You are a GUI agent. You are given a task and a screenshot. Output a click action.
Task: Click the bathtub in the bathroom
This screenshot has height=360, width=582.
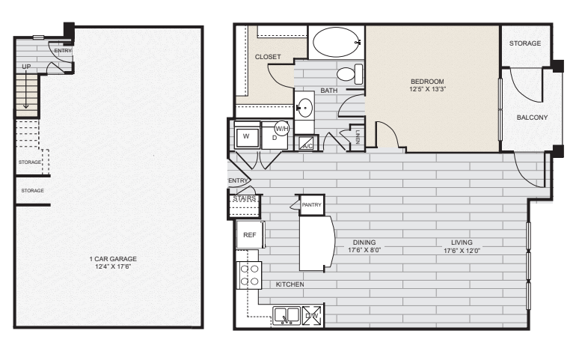(336, 43)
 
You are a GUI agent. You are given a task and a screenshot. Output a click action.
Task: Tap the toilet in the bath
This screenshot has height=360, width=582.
(348, 73)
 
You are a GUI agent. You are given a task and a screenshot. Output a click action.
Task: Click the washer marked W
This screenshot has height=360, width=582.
(246, 137)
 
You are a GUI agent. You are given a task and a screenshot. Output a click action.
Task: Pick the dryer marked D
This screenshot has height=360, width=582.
(274, 138)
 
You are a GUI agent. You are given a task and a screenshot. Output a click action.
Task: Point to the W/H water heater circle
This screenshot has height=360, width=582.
(282, 127)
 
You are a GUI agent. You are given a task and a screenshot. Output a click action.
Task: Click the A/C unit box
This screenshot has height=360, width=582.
(306, 144)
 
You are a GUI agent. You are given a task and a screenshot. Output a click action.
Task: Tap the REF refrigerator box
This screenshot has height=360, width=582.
(249, 234)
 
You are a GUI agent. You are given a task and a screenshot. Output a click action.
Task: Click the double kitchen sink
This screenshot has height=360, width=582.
(286, 316)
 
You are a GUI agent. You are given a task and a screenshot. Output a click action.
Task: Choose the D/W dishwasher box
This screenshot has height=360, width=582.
(312, 316)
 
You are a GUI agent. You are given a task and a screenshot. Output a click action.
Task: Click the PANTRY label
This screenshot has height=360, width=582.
(311, 204)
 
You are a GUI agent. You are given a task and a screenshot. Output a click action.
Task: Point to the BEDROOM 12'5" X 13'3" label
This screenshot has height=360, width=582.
(427, 85)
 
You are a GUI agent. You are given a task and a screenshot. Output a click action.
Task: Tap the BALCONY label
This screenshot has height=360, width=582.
(532, 118)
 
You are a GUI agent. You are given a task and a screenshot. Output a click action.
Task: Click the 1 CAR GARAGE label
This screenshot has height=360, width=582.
(110, 263)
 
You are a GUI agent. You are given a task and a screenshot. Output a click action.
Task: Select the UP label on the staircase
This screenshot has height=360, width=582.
(26, 67)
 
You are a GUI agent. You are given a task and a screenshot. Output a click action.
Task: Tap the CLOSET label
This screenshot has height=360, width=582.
(267, 57)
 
